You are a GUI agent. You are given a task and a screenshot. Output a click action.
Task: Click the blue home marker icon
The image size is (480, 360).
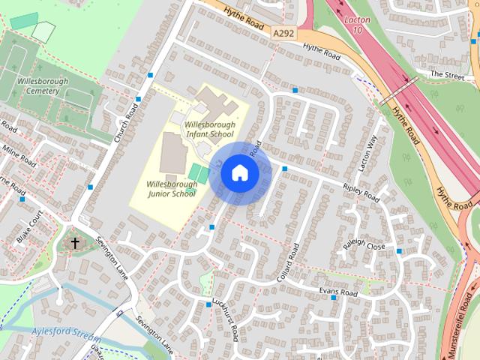(240, 173)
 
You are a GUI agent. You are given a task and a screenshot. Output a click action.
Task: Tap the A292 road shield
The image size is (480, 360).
(283, 33)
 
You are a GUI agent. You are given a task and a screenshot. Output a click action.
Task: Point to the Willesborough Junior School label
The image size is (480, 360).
(171, 188)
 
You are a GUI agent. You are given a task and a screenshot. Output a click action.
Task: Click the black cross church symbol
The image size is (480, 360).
(75, 243)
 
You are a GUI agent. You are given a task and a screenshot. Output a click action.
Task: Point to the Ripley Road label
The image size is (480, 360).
(361, 191)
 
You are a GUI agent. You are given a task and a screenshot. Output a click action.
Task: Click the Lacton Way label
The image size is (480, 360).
(367, 154)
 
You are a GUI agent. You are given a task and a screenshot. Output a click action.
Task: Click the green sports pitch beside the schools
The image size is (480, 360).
(199, 174)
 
